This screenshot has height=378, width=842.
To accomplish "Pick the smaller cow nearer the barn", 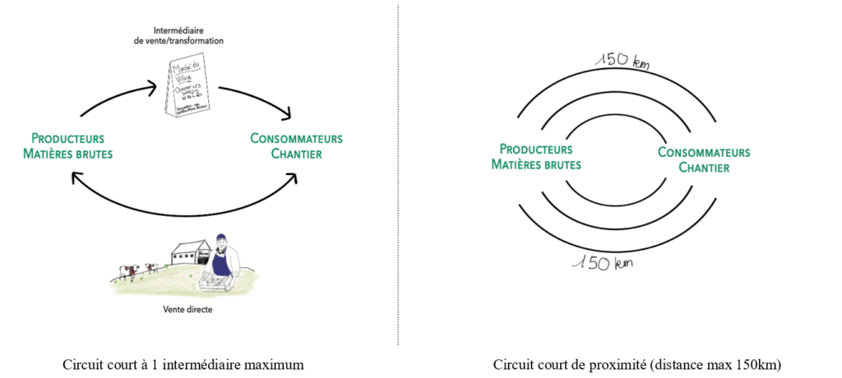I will (151, 267).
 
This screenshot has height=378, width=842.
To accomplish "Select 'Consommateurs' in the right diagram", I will (704, 153).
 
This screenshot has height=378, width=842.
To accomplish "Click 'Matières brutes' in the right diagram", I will (535, 164).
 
